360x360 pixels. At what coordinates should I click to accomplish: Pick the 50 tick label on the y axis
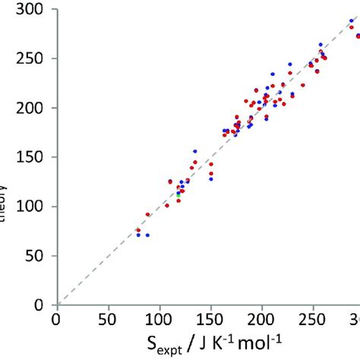[x=34, y=256]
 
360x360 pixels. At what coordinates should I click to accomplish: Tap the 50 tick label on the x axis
[x=108, y=316]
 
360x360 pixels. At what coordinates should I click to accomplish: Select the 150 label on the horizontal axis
[x=210, y=316]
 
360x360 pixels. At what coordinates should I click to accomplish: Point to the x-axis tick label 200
[x=261, y=316]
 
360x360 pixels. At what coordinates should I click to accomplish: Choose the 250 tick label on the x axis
[x=313, y=316]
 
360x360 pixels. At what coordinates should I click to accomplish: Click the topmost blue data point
[x=350, y=21]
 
